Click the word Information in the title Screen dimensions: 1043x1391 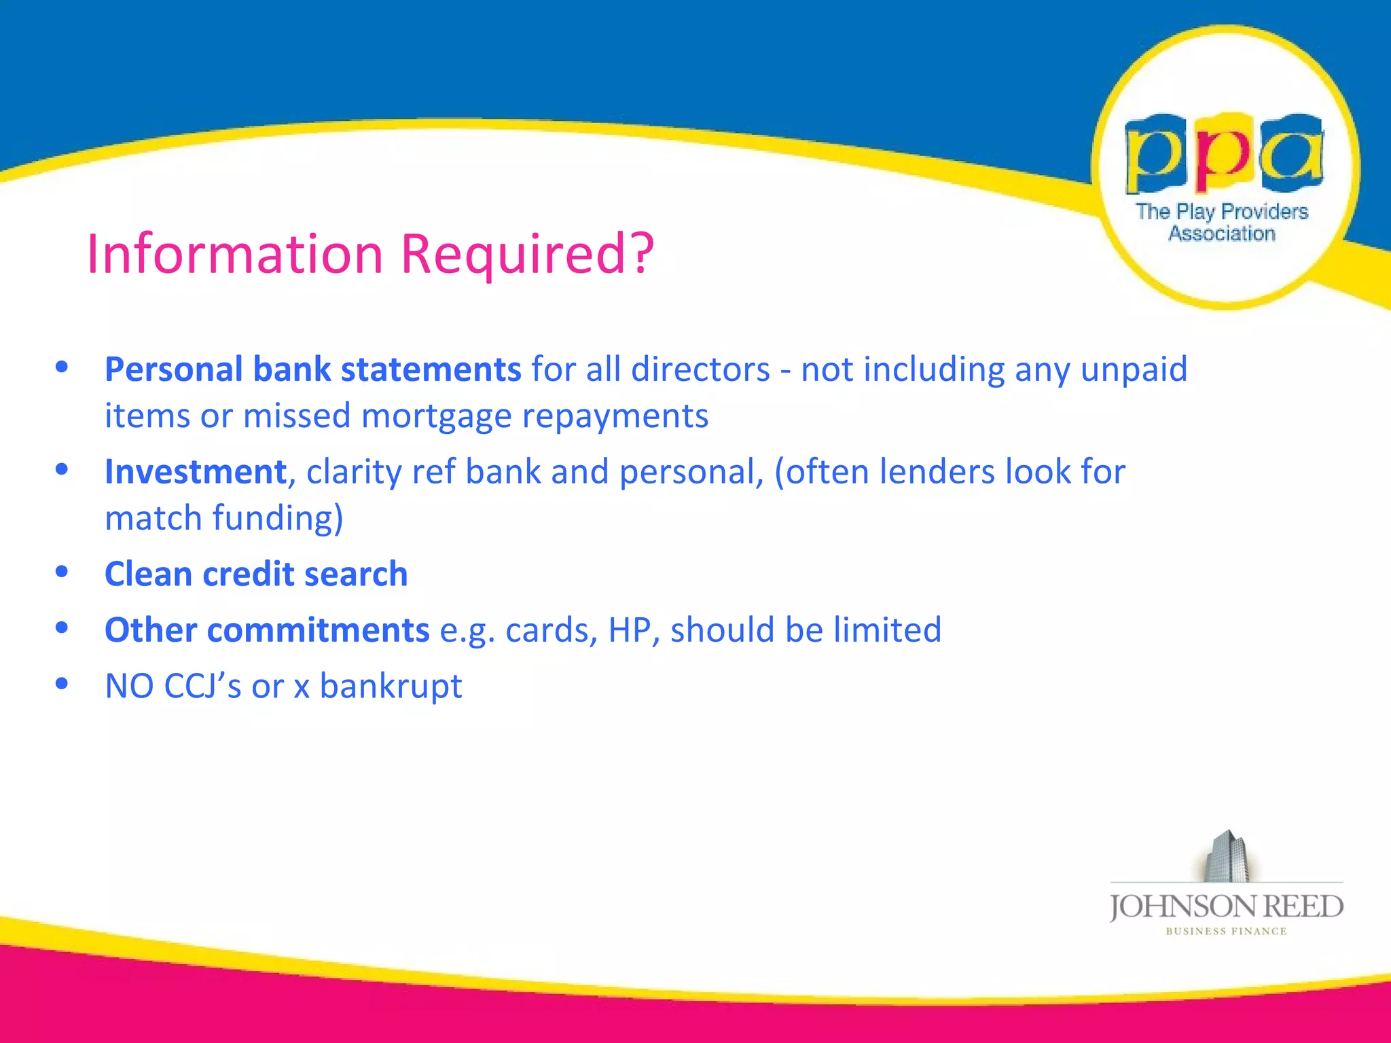[x=235, y=253]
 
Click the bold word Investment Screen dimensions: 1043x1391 [x=196, y=472]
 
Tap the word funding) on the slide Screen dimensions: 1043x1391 [x=278, y=519]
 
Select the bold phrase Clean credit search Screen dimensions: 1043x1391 [x=256, y=574]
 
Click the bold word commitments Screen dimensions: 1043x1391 [x=318, y=630]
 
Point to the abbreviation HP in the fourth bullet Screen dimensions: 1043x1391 [x=630, y=630]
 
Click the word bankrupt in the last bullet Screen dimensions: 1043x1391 [x=391, y=687]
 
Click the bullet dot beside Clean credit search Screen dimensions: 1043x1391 [x=62, y=572]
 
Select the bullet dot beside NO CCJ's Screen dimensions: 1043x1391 [x=62, y=684]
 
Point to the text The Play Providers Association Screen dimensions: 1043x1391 [x=1222, y=222]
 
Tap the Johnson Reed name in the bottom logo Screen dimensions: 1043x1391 [x=1226, y=907]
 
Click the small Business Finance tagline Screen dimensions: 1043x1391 [x=1226, y=932]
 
